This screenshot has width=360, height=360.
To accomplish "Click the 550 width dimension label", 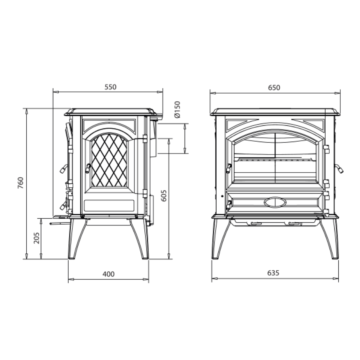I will pyautogui.click(x=110, y=87).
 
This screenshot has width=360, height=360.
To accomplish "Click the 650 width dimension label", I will pyautogui.click(x=274, y=88).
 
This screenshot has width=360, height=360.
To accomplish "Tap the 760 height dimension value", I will pyautogui.click(x=21, y=183).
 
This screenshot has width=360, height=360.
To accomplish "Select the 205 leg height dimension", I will pyautogui.click(x=37, y=238).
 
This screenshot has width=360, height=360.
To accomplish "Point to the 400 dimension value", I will pyautogui.click(x=108, y=274).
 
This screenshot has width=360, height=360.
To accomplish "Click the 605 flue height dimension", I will pyautogui.click(x=164, y=195).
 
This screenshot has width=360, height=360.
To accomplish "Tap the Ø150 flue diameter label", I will pyautogui.click(x=177, y=109).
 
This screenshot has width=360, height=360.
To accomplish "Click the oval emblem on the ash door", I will pyautogui.click(x=275, y=202).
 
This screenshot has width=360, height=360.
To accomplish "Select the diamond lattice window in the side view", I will pyautogui.click(x=109, y=160).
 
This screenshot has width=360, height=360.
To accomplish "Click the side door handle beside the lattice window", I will pyautogui.click(x=88, y=168).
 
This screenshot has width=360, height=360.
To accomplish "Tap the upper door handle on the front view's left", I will pyautogui.click(x=229, y=168).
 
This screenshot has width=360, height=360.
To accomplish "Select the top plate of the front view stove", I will pyautogui.click(x=275, y=112).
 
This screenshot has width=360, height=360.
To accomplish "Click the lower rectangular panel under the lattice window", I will pyautogui.click(x=109, y=206).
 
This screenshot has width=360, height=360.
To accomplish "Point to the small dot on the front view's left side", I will pyautogui.click(x=222, y=196).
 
